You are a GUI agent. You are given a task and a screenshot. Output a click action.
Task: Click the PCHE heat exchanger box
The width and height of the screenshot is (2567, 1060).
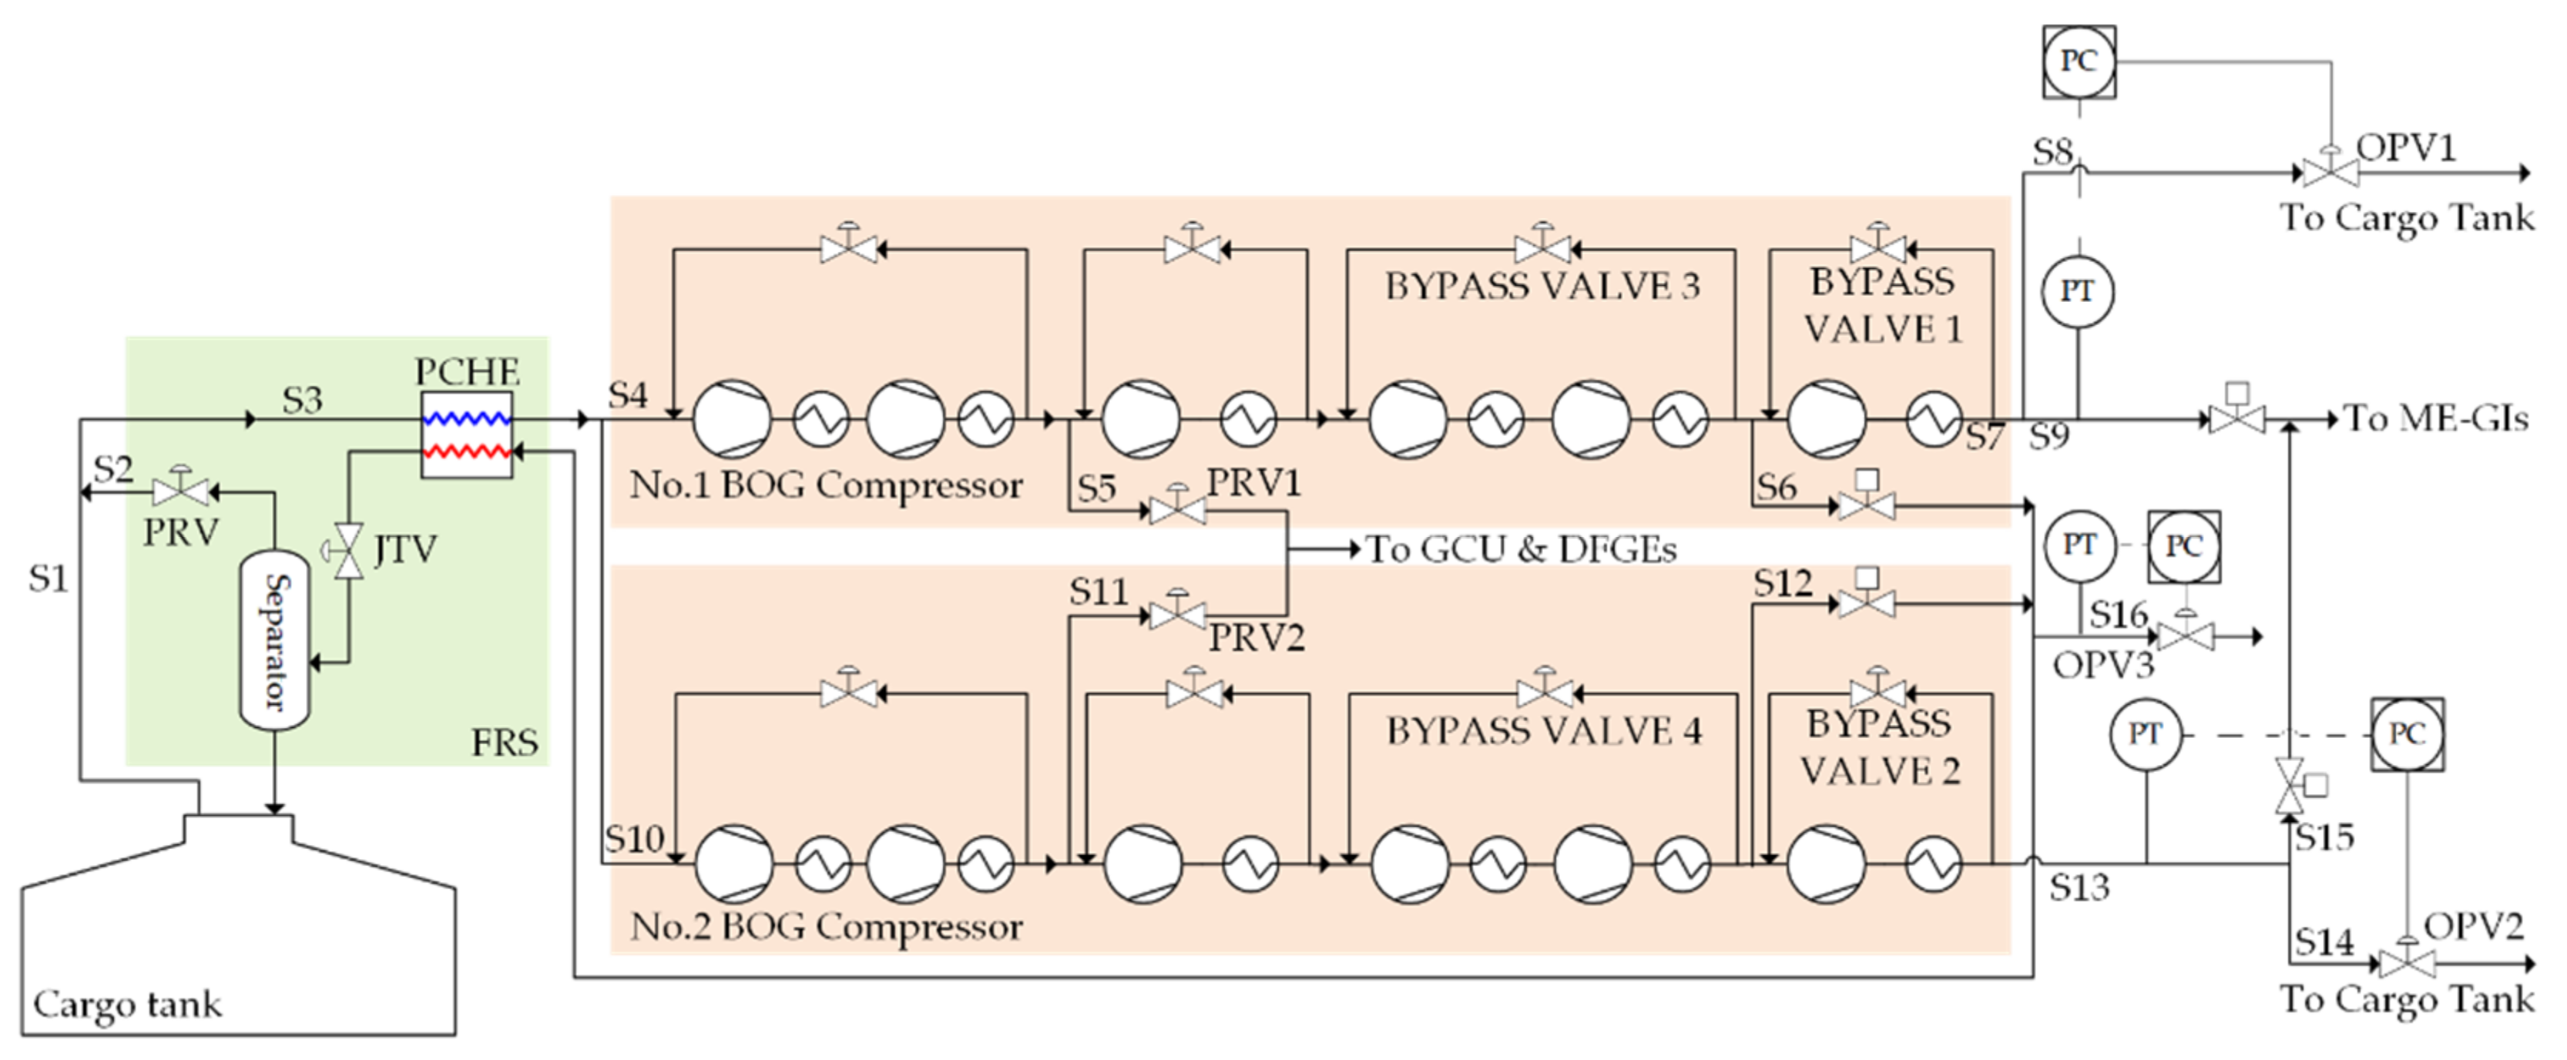[466, 434]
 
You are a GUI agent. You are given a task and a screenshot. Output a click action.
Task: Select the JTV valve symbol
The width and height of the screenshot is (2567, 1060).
[349, 550]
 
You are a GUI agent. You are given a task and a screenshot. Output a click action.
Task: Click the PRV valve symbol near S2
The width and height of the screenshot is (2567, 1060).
[181, 491]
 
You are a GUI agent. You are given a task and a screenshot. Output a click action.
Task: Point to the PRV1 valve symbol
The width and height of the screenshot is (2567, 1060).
[1177, 510]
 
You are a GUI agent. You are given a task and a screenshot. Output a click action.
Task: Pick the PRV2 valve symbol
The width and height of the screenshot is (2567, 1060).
[1177, 615]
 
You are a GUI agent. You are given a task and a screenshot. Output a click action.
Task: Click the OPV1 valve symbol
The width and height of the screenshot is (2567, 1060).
[2330, 173]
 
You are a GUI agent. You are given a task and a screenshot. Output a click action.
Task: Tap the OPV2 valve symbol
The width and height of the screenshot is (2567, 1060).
[2407, 964]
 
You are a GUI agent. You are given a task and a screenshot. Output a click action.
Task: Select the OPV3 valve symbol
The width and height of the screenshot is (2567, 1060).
[2186, 636]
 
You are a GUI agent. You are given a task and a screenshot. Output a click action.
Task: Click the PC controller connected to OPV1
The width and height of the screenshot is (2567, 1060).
[2079, 62]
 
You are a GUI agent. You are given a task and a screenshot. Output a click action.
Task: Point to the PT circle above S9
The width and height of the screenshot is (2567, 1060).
[2078, 292]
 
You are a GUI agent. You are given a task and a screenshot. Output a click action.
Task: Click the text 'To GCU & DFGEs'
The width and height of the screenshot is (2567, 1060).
[1521, 549]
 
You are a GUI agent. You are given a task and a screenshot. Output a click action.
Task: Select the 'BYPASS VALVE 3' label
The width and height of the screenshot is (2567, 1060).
[1542, 287]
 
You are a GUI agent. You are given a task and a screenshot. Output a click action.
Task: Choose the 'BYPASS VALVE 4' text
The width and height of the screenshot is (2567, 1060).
[1544, 731]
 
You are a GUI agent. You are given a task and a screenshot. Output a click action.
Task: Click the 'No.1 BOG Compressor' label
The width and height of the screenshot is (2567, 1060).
[826, 485]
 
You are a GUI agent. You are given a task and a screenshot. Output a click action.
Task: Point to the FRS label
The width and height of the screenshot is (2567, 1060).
[504, 742]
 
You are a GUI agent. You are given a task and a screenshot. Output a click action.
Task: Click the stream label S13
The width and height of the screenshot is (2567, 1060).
[2079, 887]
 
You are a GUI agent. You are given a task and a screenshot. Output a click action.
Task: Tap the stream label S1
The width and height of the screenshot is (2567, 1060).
[48, 578]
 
